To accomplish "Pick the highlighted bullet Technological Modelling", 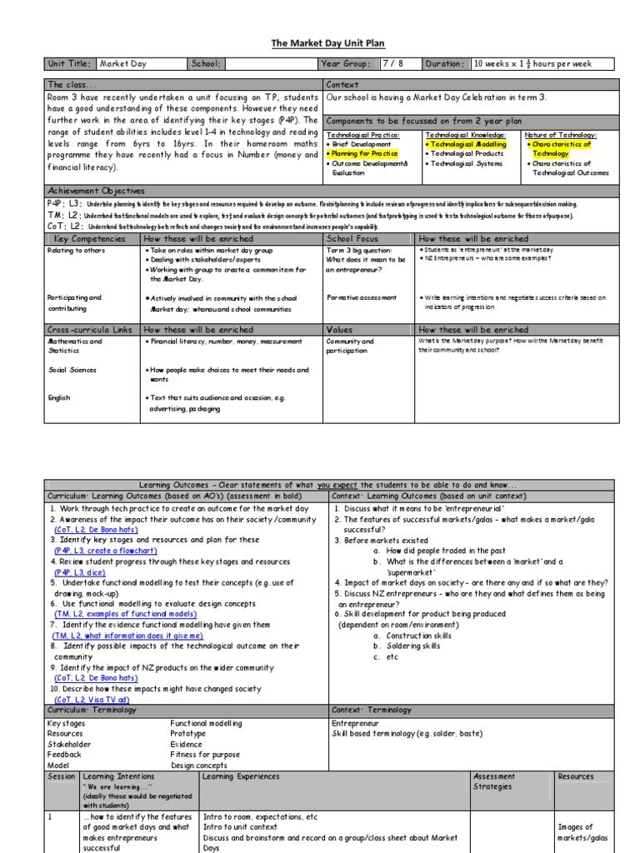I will click(x=468, y=144).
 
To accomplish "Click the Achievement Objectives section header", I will click(x=96, y=191).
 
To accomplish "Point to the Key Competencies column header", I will click(x=87, y=238).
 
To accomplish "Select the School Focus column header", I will click(x=352, y=238).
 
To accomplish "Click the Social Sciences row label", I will click(x=72, y=370).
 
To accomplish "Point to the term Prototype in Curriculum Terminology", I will click(x=189, y=733).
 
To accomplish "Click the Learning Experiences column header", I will click(x=242, y=776).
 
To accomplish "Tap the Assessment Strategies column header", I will click(x=494, y=781).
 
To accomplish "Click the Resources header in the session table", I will click(x=576, y=776).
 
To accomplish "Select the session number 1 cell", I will click(x=51, y=817).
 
